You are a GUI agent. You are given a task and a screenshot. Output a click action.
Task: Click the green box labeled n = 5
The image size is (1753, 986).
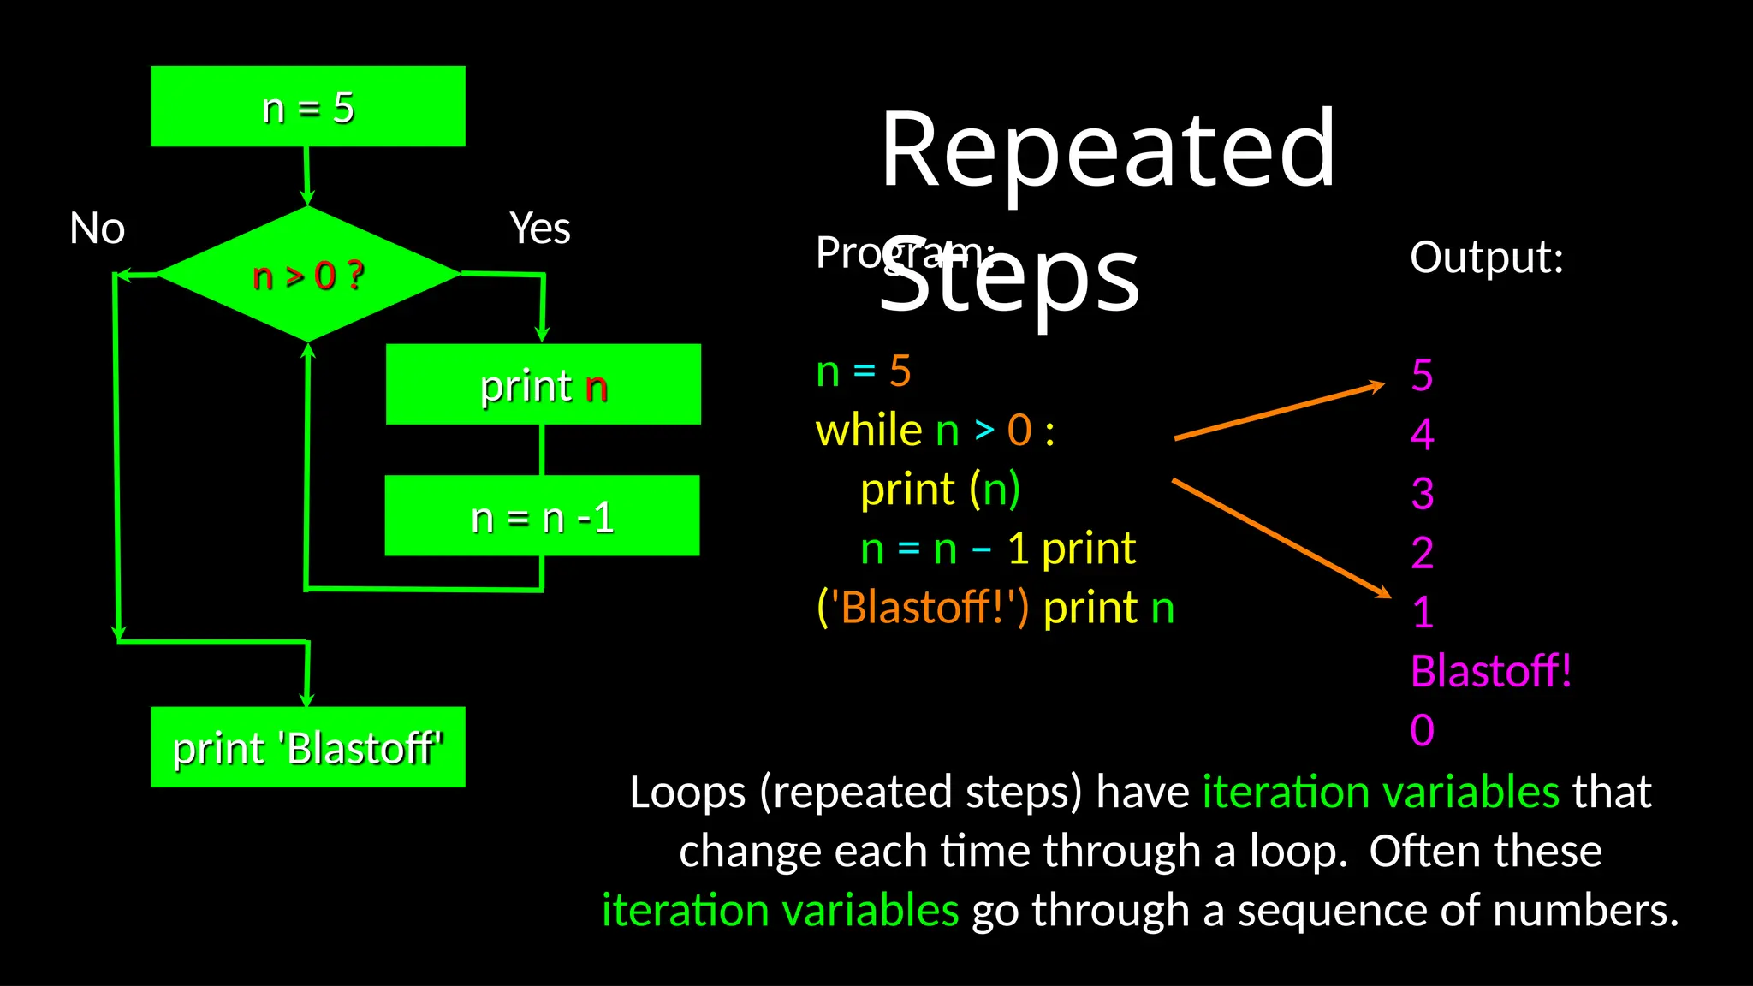(x=307, y=106)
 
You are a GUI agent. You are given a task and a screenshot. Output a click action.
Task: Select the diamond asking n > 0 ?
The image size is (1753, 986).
(x=308, y=275)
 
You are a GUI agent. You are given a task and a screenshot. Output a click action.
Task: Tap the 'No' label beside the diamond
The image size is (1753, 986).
(x=97, y=229)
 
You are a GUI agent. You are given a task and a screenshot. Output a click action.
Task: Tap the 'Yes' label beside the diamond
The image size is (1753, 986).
(x=539, y=229)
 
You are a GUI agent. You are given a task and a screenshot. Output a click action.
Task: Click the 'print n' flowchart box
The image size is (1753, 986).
(x=543, y=384)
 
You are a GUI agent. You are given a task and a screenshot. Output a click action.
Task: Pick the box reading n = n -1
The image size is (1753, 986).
(x=542, y=516)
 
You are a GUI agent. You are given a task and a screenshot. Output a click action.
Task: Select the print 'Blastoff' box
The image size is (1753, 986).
(x=307, y=747)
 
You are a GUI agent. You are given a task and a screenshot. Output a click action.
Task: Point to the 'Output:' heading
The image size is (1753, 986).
(x=1486, y=257)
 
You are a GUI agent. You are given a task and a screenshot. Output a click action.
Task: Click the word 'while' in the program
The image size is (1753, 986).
(x=868, y=430)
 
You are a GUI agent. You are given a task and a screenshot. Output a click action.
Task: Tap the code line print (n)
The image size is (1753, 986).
(x=940, y=490)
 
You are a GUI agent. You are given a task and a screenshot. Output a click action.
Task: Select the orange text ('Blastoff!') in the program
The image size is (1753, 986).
(x=923, y=608)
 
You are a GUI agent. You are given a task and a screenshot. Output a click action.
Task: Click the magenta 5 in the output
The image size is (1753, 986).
(x=1422, y=375)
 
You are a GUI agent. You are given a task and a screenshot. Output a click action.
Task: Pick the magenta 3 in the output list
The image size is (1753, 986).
(x=1422, y=493)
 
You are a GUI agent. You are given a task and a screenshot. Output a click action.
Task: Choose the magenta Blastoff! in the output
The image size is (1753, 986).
(x=1490, y=671)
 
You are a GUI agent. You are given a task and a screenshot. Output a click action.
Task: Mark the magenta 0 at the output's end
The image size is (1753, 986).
(x=1422, y=730)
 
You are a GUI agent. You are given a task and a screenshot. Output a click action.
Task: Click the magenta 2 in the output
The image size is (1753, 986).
(x=1422, y=552)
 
